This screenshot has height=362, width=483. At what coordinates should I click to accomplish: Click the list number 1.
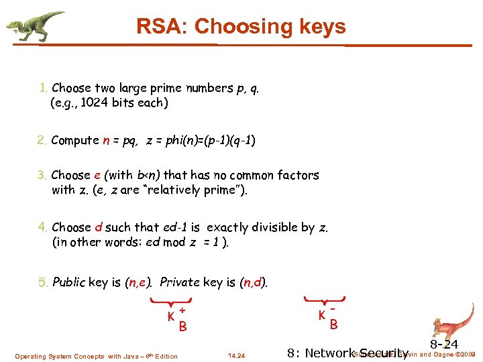[x=43, y=88]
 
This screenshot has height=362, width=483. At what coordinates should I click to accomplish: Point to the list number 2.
[x=43, y=140]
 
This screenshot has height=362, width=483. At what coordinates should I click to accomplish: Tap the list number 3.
[x=43, y=175]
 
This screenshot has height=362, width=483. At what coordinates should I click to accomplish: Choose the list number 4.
[x=43, y=227]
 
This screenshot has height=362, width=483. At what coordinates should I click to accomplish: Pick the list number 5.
[x=43, y=282]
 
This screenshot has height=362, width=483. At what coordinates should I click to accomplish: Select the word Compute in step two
[x=75, y=140]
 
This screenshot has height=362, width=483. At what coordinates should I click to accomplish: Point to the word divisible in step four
[x=275, y=227]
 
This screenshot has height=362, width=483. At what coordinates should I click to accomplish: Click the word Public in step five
[x=68, y=282]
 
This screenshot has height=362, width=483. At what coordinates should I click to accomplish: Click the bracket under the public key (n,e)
[x=172, y=300]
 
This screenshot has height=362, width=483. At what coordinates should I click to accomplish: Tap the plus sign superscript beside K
[x=182, y=310]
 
